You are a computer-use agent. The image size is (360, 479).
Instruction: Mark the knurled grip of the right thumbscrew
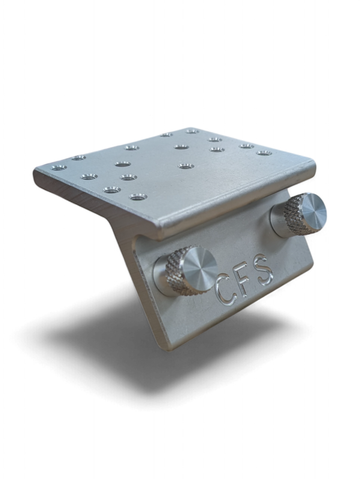293,213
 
